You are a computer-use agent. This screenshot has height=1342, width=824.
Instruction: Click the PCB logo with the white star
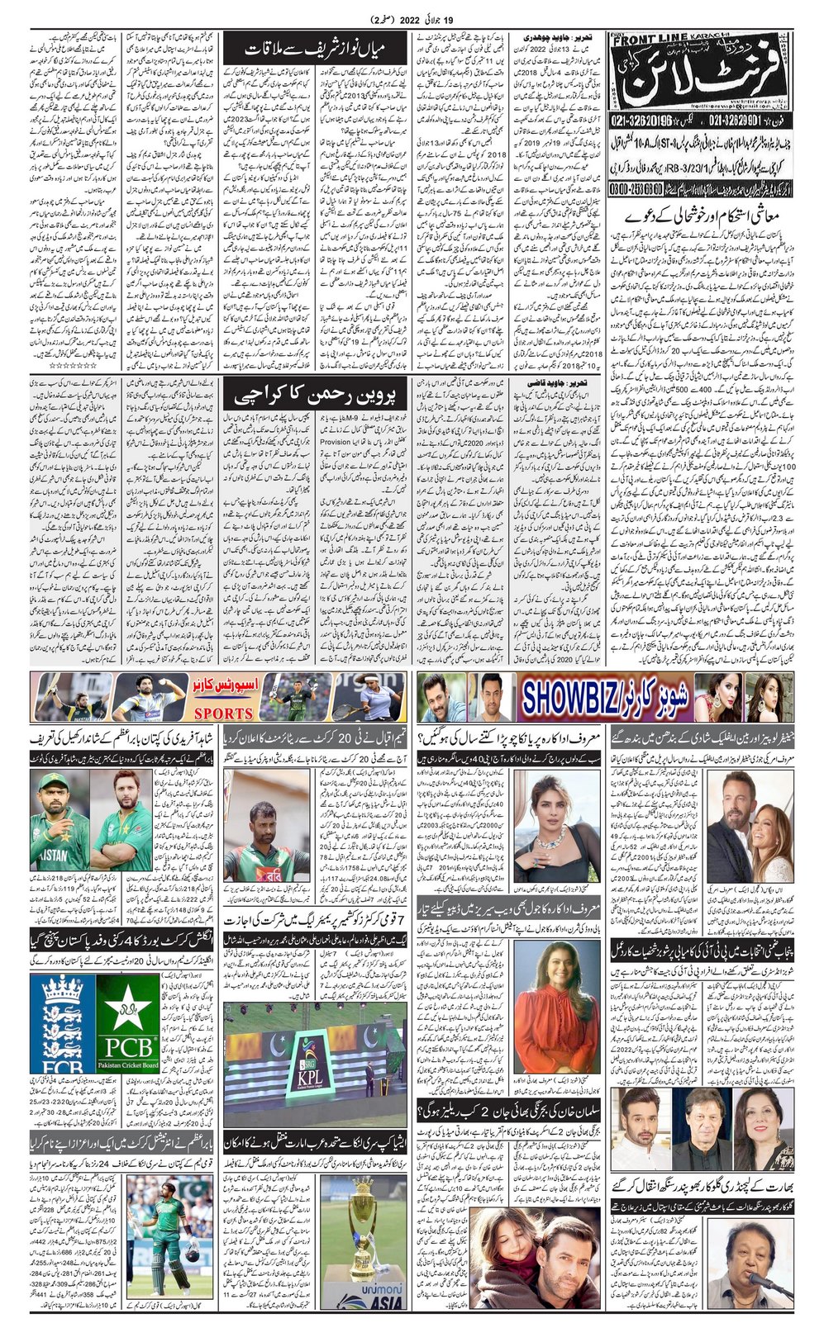click(x=127, y=1023)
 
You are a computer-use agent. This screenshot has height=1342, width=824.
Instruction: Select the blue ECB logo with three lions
click(x=62, y=1023)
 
